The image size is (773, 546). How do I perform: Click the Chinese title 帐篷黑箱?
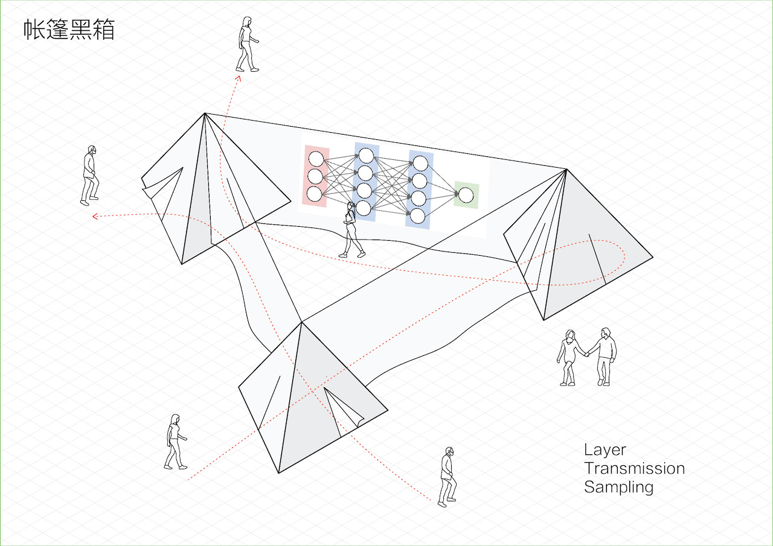(x=69, y=30)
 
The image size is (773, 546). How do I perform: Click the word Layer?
(x=605, y=450)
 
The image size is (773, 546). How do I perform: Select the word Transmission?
(x=634, y=468)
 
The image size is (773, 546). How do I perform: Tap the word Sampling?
(x=618, y=487)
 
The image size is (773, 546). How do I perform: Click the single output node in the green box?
(x=466, y=195)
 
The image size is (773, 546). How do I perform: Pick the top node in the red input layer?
(x=316, y=159)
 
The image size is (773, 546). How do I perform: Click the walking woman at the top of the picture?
(x=246, y=45)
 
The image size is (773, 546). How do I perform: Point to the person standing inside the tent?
(x=351, y=230)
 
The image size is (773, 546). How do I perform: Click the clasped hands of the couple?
(x=586, y=354)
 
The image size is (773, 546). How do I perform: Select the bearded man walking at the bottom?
(x=447, y=477)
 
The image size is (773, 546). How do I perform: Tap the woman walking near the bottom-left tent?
(x=175, y=442)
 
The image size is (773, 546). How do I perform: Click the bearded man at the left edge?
(x=89, y=175)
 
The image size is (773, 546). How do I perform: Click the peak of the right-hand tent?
(x=566, y=170)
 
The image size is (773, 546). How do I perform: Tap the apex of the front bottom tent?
(x=301, y=323)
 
